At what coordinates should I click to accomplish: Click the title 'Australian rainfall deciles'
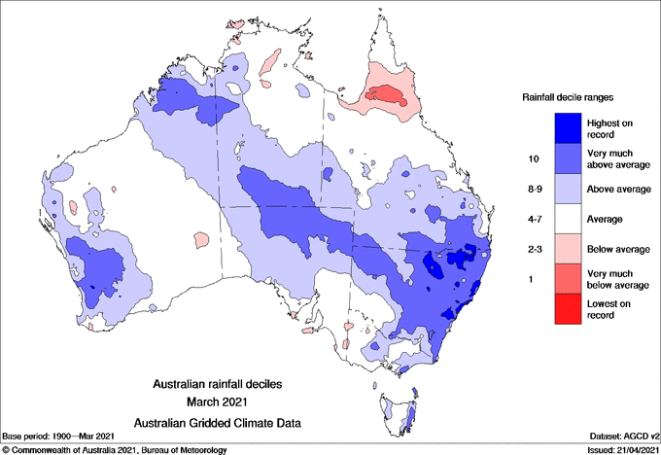point(226,384)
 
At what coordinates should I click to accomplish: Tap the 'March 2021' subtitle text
point(226,402)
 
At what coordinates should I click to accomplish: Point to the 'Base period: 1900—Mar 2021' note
point(60,437)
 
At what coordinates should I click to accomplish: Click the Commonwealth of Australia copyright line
point(115,448)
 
